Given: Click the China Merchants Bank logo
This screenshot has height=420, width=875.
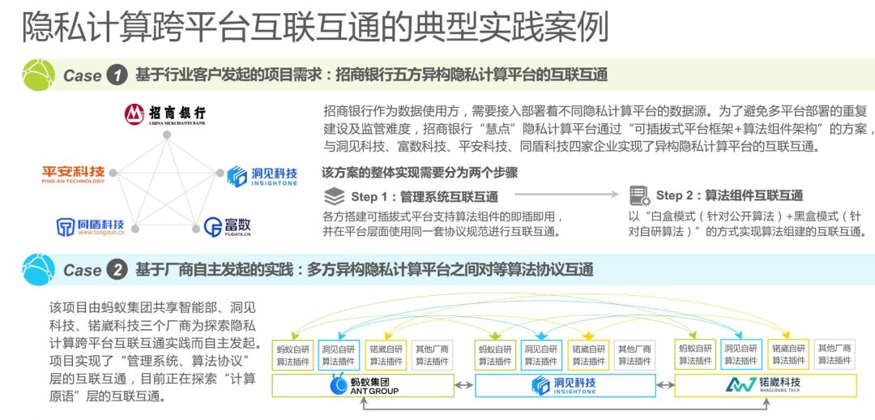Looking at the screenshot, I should [x=165, y=114].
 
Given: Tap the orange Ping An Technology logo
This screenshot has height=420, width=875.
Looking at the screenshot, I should [x=74, y=174].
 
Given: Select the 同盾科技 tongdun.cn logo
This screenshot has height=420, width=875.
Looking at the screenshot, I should [x=90, y=225].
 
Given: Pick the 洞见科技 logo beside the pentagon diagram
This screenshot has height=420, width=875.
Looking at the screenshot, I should [x=261, y=175].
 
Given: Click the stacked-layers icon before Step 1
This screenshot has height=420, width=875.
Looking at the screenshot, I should [x=333, y=195].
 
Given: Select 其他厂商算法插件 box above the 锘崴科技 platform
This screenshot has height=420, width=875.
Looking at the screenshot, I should [x=834, y=355].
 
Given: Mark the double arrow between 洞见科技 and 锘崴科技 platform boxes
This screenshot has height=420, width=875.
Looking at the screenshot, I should [x=664, y=386].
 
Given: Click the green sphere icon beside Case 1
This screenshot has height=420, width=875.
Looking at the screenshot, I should [x=40, y=74].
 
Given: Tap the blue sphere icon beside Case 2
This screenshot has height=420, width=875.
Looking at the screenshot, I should [x=40, y=268].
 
